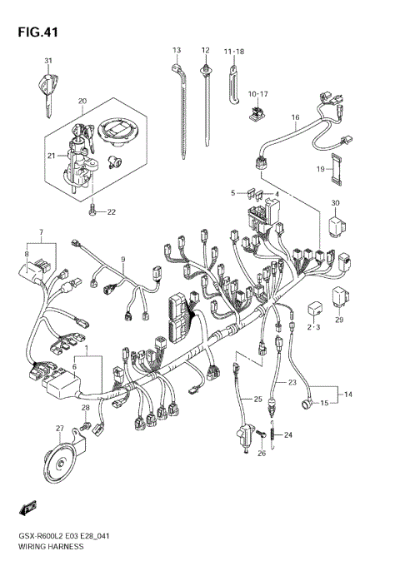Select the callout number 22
click(x=111, y=212)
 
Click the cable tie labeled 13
click(x=180, y=108)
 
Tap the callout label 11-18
click(x=233, y=52)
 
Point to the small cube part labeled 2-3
click(x=315, y=305)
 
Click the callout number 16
click(x=295, y=118)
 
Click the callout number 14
click(x=347, y=393)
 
